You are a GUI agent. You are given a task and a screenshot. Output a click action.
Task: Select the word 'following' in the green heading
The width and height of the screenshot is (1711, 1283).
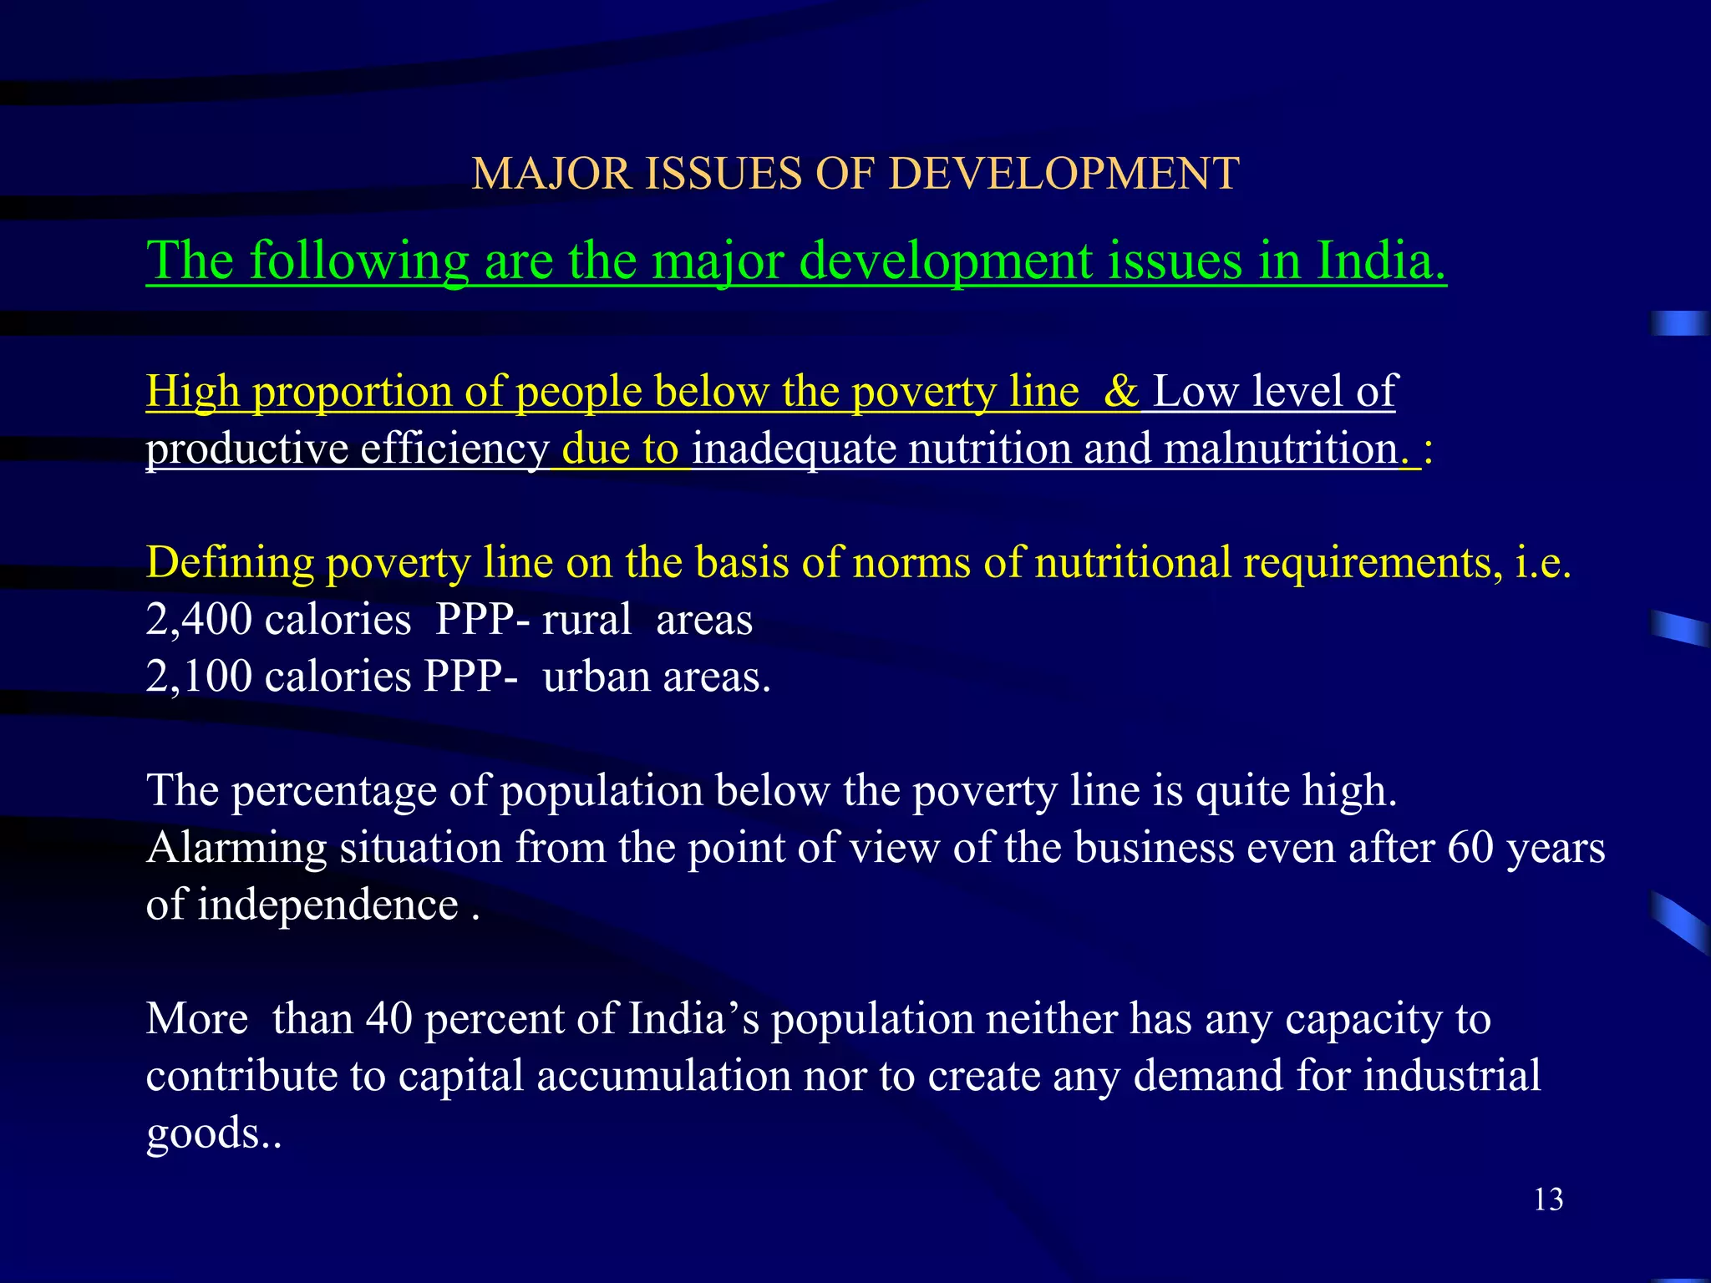358,261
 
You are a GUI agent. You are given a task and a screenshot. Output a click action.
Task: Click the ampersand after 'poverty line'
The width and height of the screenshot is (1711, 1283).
1120,391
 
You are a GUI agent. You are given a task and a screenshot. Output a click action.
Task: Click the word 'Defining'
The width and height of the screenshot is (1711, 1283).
230,562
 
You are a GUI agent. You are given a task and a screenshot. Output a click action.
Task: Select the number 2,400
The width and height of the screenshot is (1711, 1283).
199,620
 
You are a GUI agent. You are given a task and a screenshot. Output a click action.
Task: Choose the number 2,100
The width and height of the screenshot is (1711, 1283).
199,676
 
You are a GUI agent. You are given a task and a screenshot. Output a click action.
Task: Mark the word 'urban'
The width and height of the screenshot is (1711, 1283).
596,676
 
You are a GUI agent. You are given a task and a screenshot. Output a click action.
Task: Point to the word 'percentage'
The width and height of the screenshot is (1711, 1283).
333,791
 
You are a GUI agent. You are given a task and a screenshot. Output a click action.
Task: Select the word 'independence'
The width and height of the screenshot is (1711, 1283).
327,905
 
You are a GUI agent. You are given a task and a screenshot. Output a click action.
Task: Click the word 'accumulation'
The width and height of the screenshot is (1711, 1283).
663,1076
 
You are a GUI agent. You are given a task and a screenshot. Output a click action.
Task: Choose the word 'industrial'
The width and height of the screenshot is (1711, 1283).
1452,1076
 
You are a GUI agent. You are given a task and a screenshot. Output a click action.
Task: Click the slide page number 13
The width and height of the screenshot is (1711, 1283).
1548,1200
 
